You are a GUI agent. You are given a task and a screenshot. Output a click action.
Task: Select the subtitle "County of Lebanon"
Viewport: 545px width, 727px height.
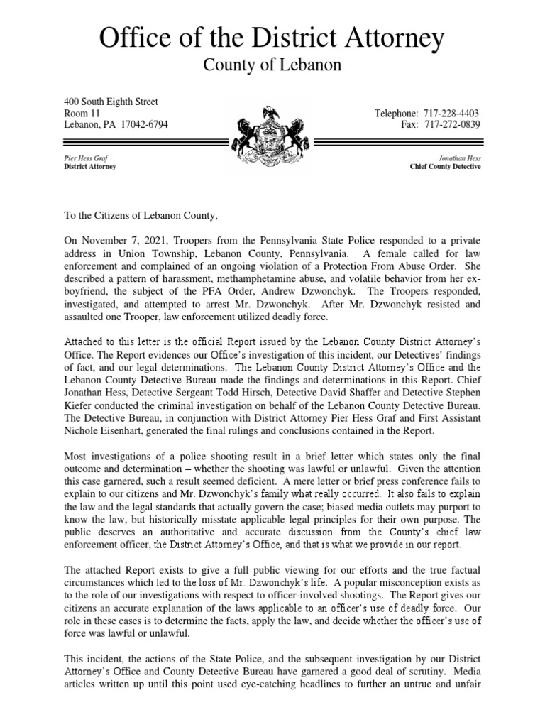[272, 65]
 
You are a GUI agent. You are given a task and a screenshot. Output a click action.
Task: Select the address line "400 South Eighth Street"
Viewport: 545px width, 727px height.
[111, 102]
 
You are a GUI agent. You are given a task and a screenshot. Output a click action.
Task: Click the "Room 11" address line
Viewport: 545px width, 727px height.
[82, 114]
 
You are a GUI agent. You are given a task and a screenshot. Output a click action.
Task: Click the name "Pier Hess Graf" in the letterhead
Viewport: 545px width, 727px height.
[86, 158]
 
